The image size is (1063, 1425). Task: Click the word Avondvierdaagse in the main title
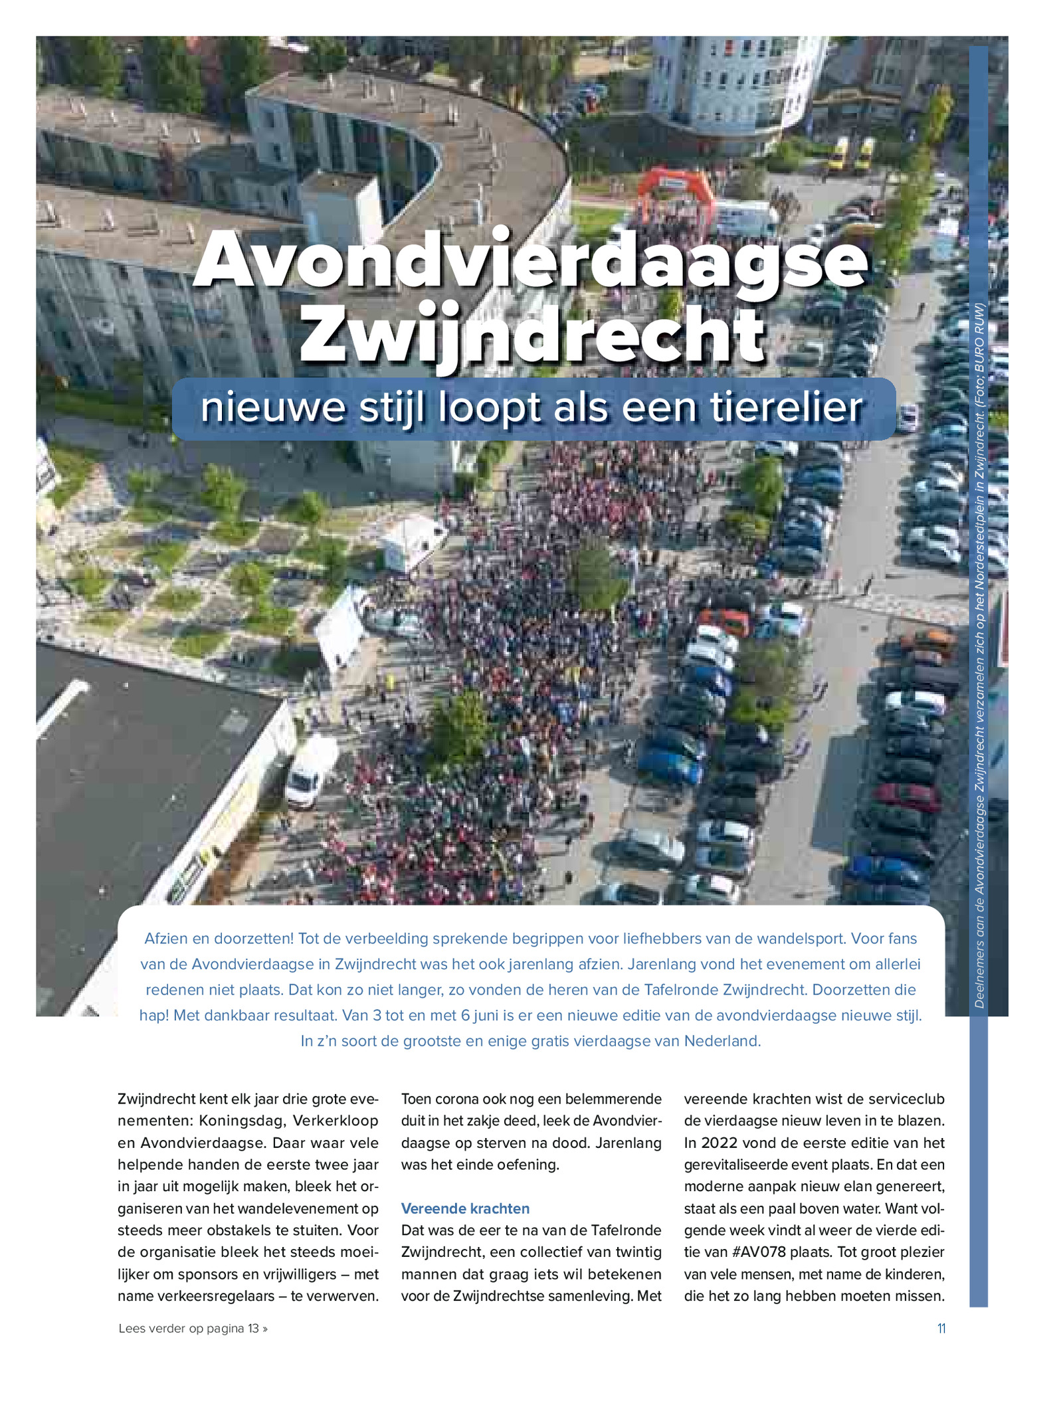pyautogui.click(x=530, y=261)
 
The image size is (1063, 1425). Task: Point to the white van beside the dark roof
pyautogui.click(x=310, y=771)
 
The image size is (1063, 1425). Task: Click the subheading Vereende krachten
pyautogui.click(x=465, y=1208)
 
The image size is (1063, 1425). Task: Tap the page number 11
pyautogui.click(x=941, y=1329)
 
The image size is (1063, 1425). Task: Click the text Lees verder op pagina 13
pyautogui.click(x=193, y=1329)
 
